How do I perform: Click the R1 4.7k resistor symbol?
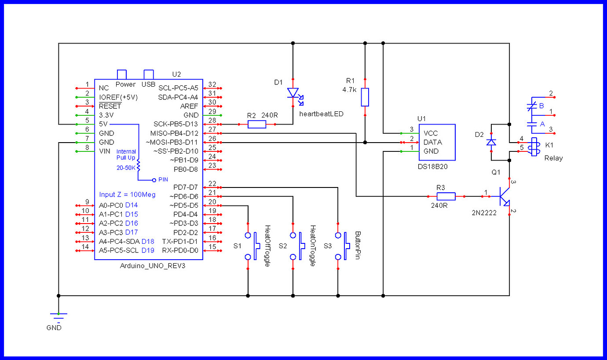pos(365,97)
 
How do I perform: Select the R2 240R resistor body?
pos(257,125)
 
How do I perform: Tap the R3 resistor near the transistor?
pos(446,196)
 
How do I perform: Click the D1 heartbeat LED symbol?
pos(293,94)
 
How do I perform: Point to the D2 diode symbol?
pos(491,142)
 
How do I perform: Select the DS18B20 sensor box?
pos(436,142)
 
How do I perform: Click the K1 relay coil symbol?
pos(534,147)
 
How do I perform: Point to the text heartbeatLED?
pos(321,114)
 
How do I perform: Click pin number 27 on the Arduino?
pos(212,129)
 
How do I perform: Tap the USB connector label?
pos(149,84)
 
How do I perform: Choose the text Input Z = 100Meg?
pos(127,195)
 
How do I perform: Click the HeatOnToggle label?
pos(312,246)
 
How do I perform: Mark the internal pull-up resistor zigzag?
pos(138,165)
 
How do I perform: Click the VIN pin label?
pos(105,151)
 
